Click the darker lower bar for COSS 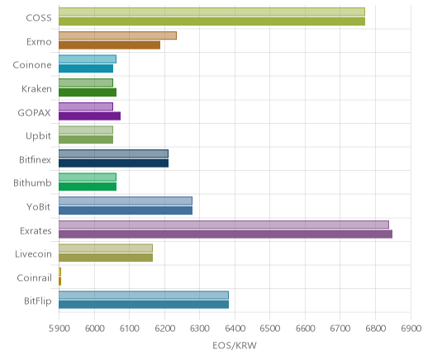coord(211,21)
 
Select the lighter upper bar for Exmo coord(117,36)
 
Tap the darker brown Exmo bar coord(109,45)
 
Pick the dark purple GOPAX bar coord(89,116)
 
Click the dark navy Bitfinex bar coord(113,163)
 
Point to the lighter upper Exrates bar coord(224,225)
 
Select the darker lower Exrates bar coord(226,234)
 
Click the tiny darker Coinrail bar coord(59,282)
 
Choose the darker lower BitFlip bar coord(144,305)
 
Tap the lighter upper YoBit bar coord(126,201)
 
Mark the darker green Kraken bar coord(88,92)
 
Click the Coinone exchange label coord(32,65)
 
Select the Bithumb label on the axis coord(32,182)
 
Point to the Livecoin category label coord(33,253)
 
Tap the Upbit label coord(38,136)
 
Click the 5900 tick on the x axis coord(59,329)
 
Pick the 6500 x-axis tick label coord(270,329)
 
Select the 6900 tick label coord(411,329)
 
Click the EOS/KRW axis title coord(235,345)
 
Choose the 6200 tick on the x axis coord(164,329)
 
